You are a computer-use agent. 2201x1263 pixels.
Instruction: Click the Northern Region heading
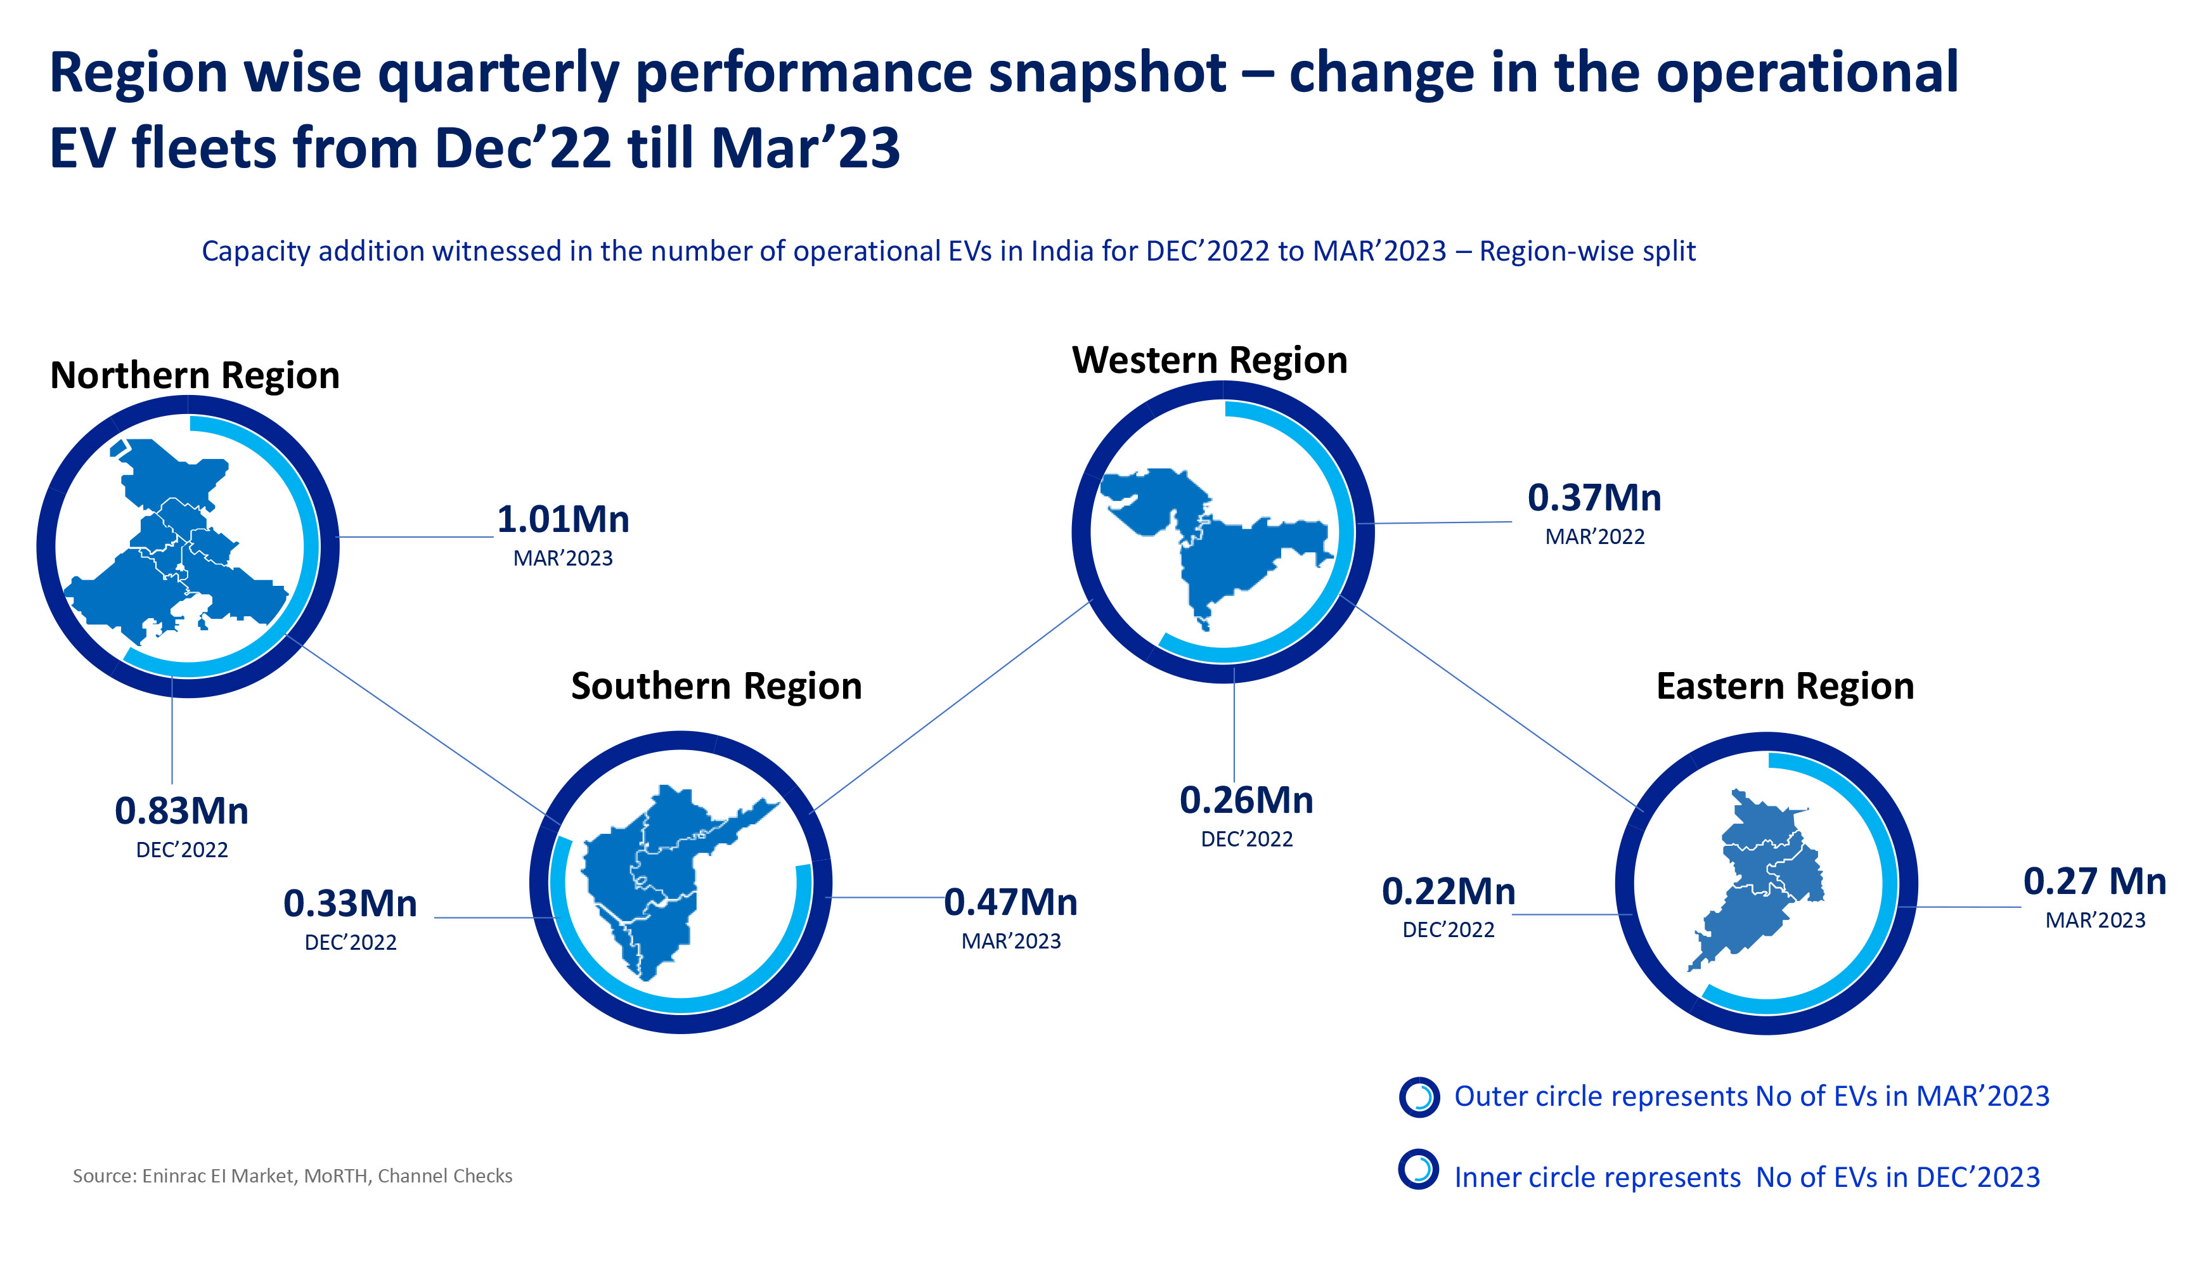tap(195, 375)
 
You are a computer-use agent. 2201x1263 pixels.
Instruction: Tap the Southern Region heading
tap(716, 686)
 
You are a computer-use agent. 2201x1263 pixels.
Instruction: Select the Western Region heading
tap(1209, 360)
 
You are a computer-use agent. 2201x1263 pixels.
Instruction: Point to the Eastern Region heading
tap(1785, 686)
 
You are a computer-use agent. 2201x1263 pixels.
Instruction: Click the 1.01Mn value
tap(563, 520)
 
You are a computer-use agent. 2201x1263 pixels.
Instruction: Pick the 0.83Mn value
tap(181, 811)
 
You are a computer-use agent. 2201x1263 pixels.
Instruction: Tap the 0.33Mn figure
tap(351, 904)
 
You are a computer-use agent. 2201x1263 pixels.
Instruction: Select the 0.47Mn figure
tap(1010, 902)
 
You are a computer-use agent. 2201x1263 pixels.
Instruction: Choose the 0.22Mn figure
tap(1449, 891)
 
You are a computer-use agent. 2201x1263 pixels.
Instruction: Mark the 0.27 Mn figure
tap(2094, 881)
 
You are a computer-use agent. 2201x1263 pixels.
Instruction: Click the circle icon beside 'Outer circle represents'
tap(1419, 1098)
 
